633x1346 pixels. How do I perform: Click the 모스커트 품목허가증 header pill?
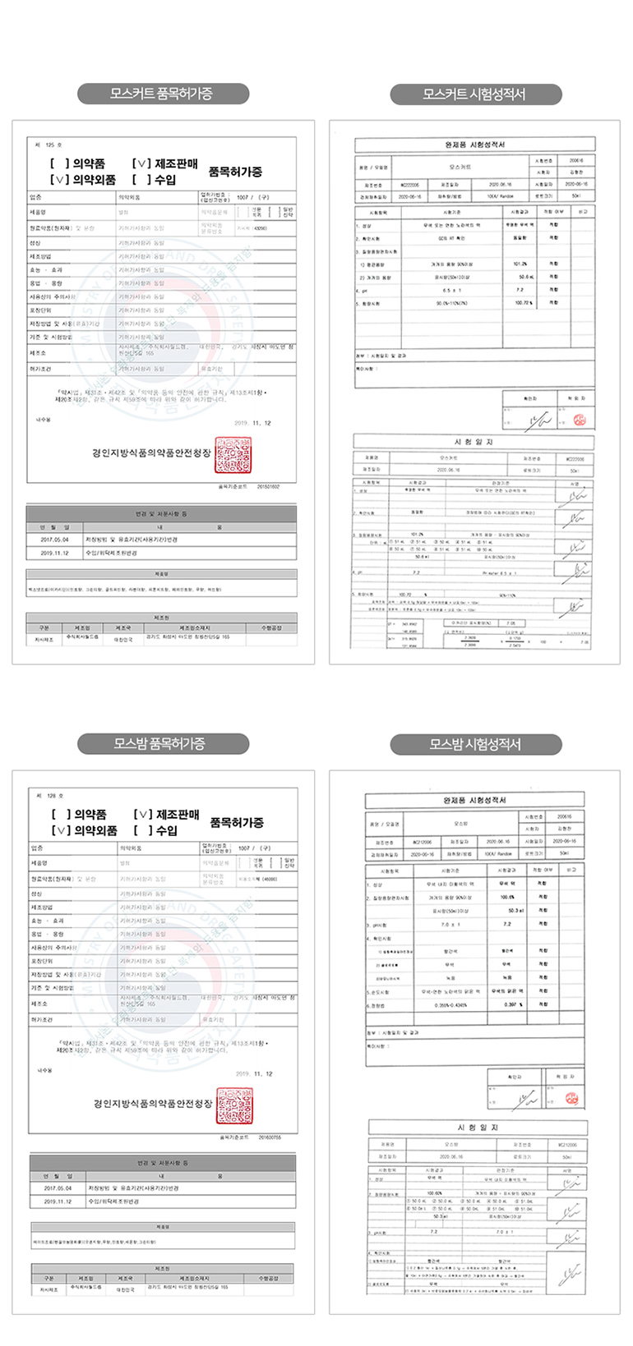(163, 94)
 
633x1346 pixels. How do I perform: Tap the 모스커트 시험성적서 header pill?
(475, 94)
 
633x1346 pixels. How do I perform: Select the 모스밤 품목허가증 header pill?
(163, 744)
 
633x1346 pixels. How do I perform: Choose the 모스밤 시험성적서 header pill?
(475, 744)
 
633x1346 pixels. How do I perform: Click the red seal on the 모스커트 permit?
(233, 454)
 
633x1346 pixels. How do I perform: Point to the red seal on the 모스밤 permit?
(234, 1105)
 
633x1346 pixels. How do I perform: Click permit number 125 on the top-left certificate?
(49, 145)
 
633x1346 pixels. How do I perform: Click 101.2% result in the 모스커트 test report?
(520, 264)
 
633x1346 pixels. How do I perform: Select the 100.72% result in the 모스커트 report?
(523, 303)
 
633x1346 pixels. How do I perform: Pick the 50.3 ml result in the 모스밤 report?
(515, 911)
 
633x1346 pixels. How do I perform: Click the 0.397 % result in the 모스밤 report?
(514, 1004)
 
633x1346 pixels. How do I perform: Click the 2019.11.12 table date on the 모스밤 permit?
(58, 1201)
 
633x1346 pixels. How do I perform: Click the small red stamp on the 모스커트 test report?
(579, 420)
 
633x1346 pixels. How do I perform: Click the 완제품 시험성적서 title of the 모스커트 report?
(474, 145)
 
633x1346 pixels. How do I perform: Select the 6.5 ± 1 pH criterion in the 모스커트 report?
(450, 290)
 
